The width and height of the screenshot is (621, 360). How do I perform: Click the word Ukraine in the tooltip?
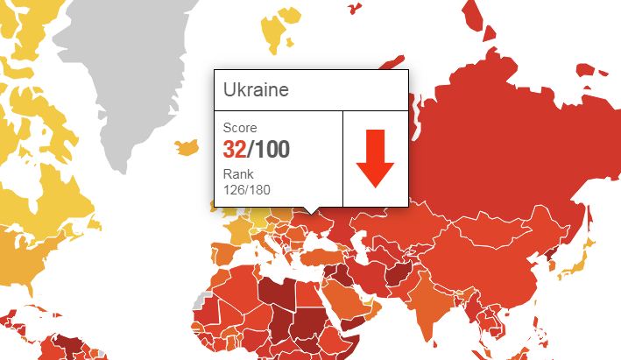pos(257,90)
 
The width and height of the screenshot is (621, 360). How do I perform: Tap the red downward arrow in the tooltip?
pos(375,159)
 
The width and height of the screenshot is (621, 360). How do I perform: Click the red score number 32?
pos(234,148)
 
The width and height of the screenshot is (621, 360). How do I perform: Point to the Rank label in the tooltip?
pos(238,173)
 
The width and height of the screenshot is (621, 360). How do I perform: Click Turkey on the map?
pos(328,250)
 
